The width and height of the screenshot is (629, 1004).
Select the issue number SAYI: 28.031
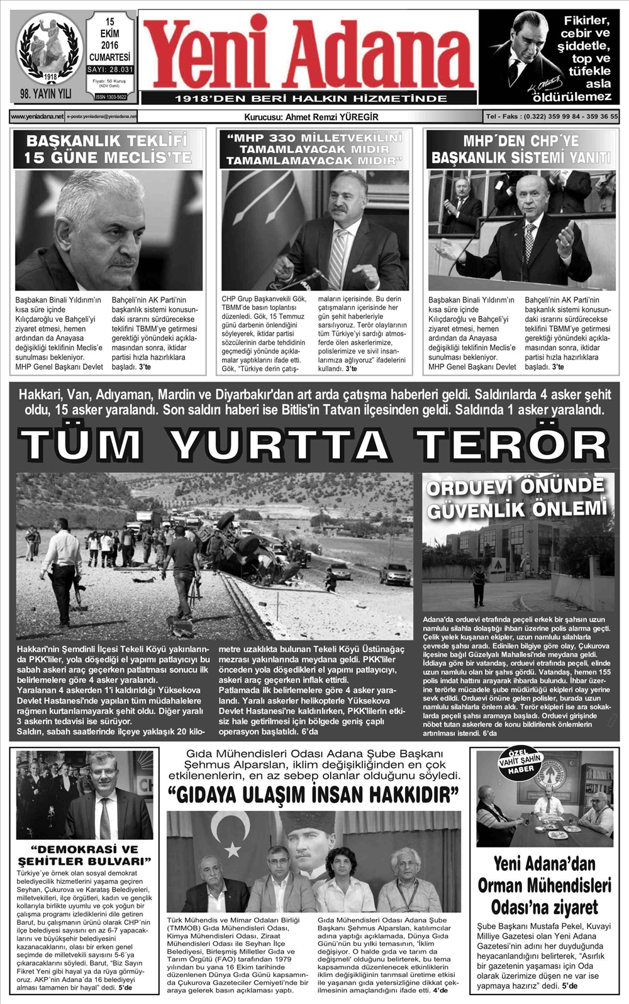[110, 70]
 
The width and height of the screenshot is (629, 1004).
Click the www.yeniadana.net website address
[37, 116]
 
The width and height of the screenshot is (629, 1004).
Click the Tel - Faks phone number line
[552, 116]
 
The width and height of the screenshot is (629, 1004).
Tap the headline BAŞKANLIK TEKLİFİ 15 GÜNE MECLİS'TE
[108, 149]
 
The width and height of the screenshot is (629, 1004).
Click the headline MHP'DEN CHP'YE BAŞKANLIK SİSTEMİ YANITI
[520, 150]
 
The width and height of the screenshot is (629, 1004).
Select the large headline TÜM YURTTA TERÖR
[314, 444]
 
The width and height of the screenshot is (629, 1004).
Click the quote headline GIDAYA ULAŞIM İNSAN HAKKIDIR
[313, 795]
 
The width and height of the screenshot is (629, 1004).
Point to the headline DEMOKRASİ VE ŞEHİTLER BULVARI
[85, 855]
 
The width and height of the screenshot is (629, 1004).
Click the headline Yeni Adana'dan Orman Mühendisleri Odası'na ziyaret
[544, 885]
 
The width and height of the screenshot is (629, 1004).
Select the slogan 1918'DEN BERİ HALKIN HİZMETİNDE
[311, 99]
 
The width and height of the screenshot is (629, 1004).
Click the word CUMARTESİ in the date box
[110, 57]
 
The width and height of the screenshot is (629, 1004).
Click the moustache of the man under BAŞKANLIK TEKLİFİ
[123, 258]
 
